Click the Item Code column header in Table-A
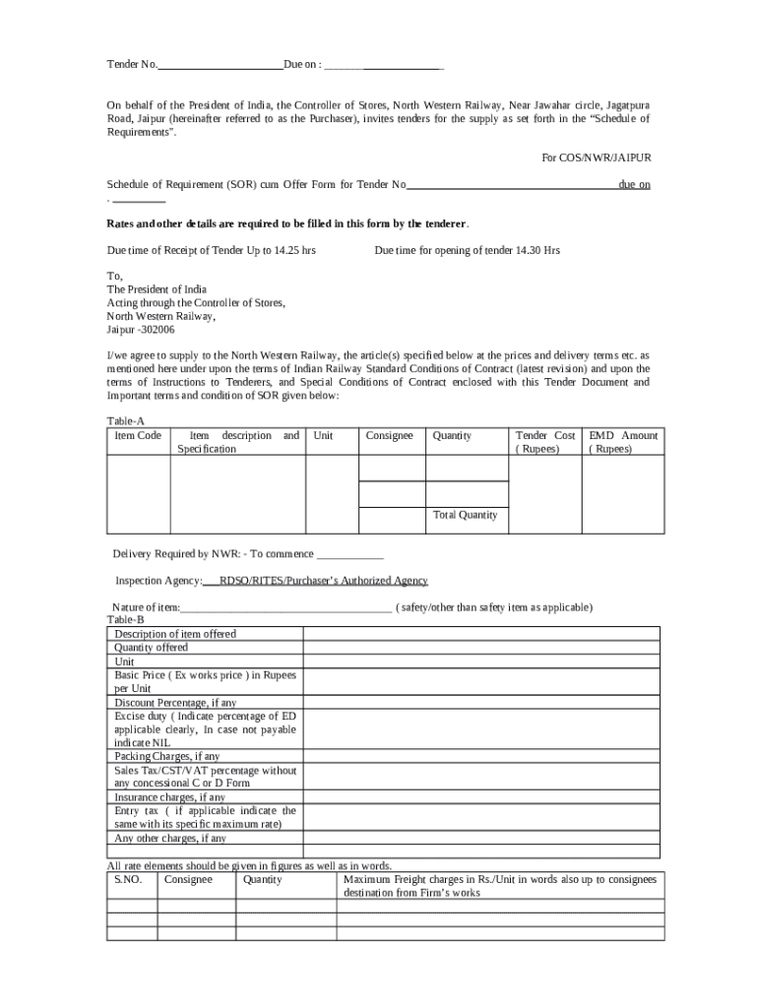click(138, 435)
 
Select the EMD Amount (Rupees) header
click(623, 442)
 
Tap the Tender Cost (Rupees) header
click(544, 442)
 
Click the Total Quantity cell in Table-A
click(465, 515)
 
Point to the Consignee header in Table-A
click(390, 435)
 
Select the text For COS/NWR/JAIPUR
click(597, 157)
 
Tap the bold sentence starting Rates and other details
click(288, 223)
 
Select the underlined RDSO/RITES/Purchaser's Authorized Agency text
click(323, 581)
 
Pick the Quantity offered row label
click(151, 648)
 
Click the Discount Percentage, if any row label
click(175, 703)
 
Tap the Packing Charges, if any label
click(167, 756)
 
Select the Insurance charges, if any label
click(169, 797)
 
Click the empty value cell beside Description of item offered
click(482, 634)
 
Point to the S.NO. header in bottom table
click(129, 879)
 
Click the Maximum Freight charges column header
click(500, 886)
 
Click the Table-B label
click(125, 620)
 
